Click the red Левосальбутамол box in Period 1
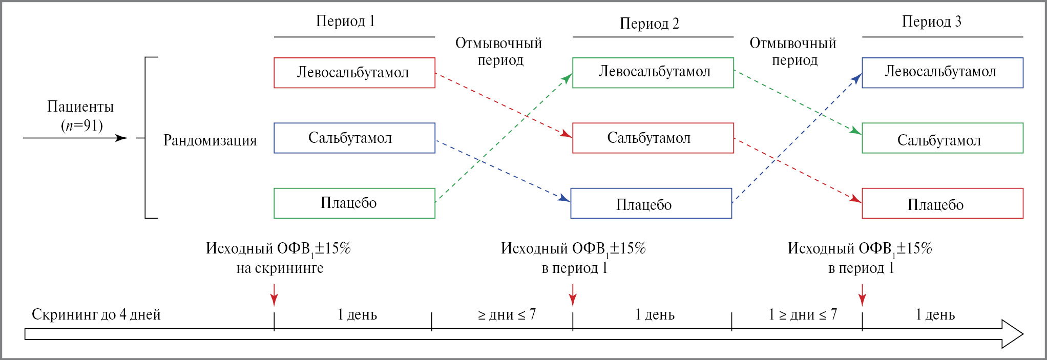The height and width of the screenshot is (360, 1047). (354, 73)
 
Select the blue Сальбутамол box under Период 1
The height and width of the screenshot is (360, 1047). (354, 138)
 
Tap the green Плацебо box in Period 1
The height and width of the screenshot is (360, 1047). (354, 203)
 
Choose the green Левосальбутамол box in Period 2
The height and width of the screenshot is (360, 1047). (653, 73)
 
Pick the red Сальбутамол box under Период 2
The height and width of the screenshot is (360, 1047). (653, 138)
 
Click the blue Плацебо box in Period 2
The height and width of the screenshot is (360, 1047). (651, 203)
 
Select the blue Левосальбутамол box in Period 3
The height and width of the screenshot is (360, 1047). (942, 73)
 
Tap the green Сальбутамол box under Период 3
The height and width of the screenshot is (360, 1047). (942, 138)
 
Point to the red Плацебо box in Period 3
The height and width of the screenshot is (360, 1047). (942, 203)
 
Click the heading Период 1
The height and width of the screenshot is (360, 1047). (345, 21)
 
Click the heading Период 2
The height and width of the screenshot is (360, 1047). (649, 24)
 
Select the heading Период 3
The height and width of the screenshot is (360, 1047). (931, 22)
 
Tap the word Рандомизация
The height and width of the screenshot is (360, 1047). (210, 140)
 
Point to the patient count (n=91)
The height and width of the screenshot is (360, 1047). (82, 125)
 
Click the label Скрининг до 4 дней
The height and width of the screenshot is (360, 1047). (96, 314)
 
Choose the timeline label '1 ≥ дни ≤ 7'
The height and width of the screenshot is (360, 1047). (803, 314)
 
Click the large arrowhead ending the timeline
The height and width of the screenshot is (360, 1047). (1012, 334)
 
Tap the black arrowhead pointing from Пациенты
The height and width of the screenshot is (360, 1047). (122, 138)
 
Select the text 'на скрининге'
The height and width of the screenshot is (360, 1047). (280, 268)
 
